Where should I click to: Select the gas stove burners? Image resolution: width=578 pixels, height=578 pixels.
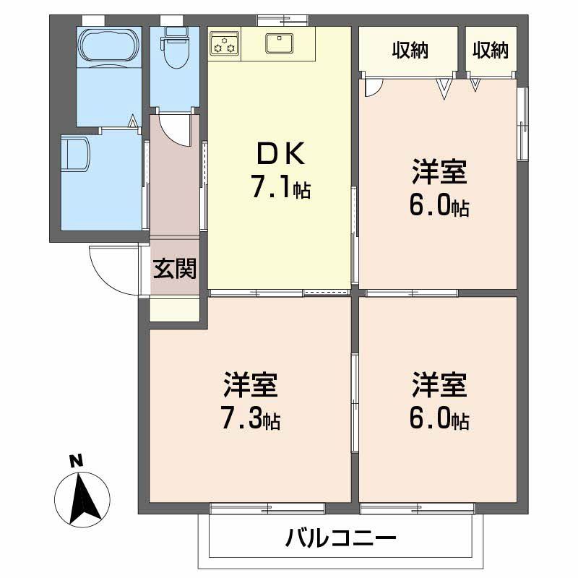pos(225,44)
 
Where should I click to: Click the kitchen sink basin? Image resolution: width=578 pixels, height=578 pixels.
pos(278,44)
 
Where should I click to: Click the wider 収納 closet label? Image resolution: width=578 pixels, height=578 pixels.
pos(410,50)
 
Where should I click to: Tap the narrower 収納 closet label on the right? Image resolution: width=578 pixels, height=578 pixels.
pos(491,50)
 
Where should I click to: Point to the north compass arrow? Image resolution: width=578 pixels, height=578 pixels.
pos(82,497)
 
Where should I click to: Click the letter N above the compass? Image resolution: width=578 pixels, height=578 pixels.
pos(74,460)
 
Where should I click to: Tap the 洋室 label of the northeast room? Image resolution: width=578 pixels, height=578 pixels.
pos(439,173)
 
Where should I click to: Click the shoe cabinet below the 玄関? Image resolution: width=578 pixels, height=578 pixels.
pos(174,309)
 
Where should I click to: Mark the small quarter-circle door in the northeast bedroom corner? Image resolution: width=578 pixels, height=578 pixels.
pos(371,87)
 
